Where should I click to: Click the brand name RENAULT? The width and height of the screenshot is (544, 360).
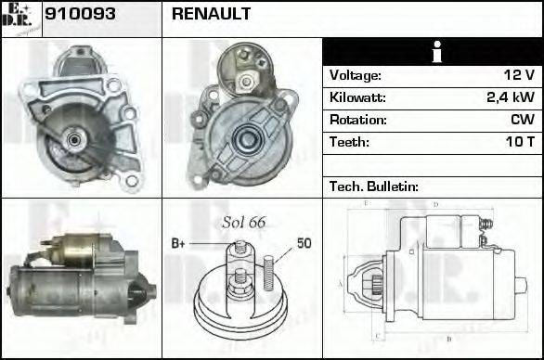pos(211,15)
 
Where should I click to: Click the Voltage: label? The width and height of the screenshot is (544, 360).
pos(355,75)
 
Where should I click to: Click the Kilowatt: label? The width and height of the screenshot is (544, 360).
pos(357,97)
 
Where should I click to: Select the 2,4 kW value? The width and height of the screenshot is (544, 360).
pos(511,97)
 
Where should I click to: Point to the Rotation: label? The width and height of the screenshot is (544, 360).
pos(357,120)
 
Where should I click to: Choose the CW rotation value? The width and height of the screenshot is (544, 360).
pos(522,120)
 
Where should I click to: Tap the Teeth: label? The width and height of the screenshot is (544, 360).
pos(349,142)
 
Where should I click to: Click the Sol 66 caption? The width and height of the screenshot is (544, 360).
pos(243,222)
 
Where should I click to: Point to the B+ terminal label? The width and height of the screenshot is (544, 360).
pos(179,243)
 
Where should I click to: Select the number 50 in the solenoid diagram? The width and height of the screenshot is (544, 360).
pos(304,243)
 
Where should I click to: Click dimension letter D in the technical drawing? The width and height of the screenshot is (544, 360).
pos(435,203)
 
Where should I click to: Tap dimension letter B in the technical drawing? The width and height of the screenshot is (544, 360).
pos(448,339)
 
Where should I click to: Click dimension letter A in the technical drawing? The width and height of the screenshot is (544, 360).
pos(341,283)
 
